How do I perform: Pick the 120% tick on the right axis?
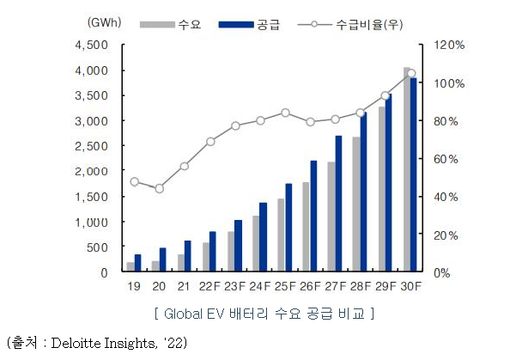(447, 45)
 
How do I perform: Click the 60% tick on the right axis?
(447, 159)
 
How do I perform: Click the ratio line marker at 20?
(159, 188)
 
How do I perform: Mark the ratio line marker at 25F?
(285, 113)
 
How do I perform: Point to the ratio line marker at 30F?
(410, 74)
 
